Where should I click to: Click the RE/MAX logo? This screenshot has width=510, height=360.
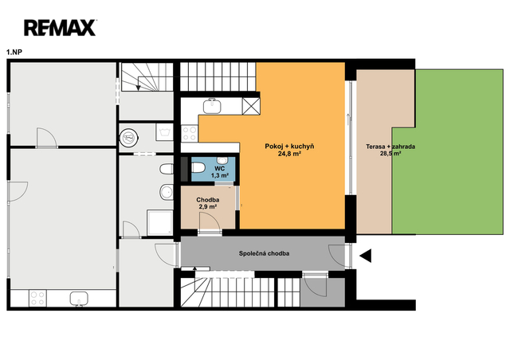[61, 28]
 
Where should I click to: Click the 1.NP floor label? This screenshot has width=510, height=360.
[14, 52]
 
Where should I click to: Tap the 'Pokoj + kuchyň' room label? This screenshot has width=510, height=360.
[289, 147]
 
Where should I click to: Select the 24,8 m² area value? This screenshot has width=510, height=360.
[289, 154]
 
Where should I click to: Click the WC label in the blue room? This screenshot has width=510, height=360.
[220, 169]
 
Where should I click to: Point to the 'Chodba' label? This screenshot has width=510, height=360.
[207, 200]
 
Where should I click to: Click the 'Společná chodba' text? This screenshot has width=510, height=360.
[264, 253]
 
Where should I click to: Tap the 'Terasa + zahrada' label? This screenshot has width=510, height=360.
[390, 147]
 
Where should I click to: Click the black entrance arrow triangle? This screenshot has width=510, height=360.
[366, 256]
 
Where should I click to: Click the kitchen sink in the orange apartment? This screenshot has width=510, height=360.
[212, 106]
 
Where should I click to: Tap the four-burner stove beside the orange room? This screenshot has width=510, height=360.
[190, 133]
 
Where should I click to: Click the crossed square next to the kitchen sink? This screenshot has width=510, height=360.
[251, 106]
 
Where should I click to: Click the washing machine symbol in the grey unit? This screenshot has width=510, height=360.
[164, 132]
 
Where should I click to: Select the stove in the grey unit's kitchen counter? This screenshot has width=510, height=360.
[37, 298]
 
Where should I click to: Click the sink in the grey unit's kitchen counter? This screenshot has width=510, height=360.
[79, 299]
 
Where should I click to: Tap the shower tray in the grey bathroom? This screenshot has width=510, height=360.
[159, 223]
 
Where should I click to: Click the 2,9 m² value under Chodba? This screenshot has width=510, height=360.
[208, 207]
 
